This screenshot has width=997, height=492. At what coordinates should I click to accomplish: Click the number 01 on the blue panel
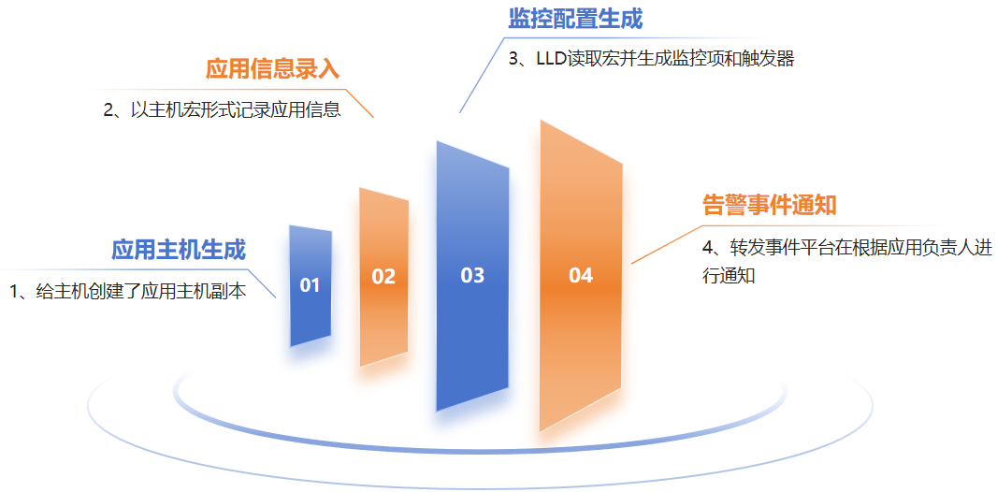310,285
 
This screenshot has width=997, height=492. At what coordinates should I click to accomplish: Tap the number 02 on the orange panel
383,277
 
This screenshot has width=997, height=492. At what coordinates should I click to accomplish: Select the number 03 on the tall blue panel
472,275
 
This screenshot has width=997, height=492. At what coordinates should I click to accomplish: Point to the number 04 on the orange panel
581,275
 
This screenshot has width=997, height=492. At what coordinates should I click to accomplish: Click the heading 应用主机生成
179,250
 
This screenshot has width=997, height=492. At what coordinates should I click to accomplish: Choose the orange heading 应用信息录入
273,69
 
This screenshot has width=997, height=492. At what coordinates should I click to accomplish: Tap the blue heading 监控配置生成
575,19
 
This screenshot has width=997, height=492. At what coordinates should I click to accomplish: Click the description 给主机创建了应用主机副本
140,292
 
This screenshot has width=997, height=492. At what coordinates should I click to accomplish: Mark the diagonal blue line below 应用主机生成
261,283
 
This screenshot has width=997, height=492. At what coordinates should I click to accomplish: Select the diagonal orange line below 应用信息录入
358,103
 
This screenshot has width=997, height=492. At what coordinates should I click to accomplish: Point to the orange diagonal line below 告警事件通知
666,244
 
